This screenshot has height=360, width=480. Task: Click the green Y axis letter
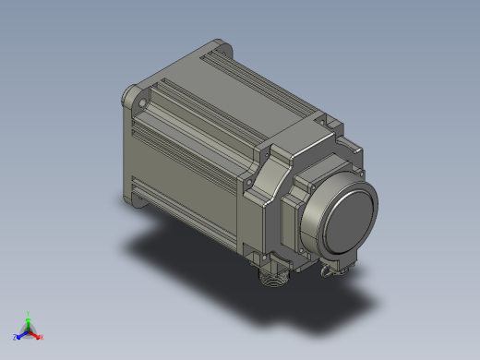pyautogui.click(x=29, y=313)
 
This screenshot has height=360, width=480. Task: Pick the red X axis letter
pyautogui.click(x=42, y=337)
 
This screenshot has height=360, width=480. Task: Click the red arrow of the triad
pyautogui.click(x=36, y=333)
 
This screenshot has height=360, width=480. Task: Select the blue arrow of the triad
pyautogui.click(x=21, y=333)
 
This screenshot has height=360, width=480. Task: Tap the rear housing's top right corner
pyautogui.click(x=355, y=148)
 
